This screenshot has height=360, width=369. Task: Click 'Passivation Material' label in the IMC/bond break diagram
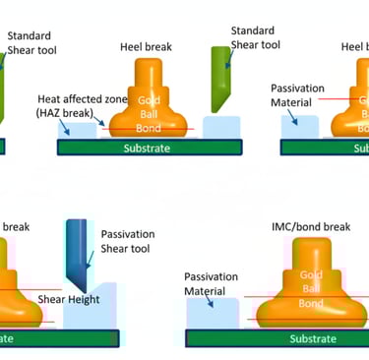[x=213, y=284]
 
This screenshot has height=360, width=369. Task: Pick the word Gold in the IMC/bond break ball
[x=311, y=274]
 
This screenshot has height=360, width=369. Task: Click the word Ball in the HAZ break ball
[x=148, y=115]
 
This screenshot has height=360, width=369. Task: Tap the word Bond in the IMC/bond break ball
[x=311, y=304]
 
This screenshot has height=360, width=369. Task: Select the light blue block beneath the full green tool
[x=226, y=126]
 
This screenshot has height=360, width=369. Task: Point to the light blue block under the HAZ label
[x=80, y=128]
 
